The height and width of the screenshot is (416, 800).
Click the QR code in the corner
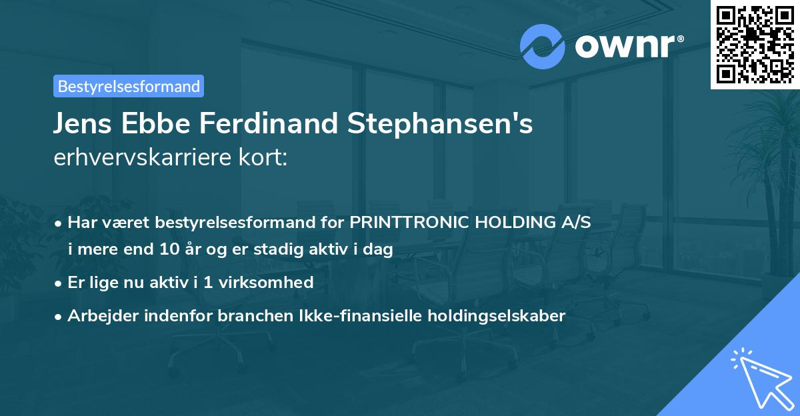755,45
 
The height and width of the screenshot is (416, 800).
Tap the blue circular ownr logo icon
543,46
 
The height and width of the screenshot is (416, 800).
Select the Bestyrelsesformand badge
129,86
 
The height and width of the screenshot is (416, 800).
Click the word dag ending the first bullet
379,249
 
